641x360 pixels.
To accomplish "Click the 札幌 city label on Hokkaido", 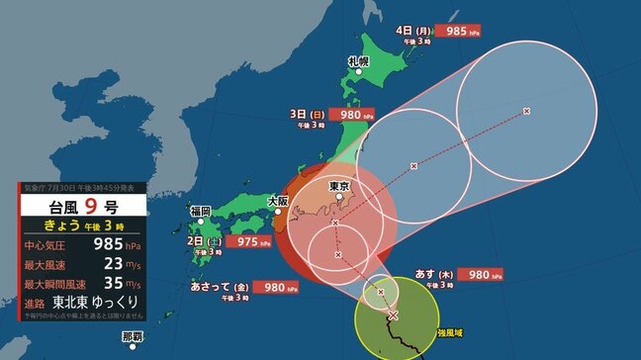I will click(x=357, y=61).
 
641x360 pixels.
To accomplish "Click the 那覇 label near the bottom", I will click(x=133, y=337).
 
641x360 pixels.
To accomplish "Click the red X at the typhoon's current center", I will click(x=393, y=315).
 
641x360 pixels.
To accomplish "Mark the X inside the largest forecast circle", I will click(x=525, y=110).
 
